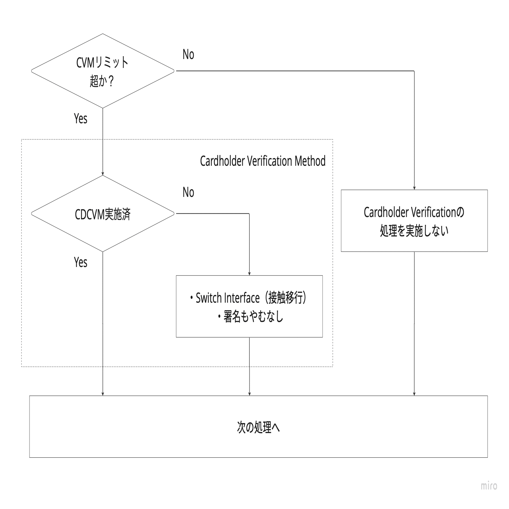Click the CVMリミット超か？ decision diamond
103,71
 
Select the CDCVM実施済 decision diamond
103,214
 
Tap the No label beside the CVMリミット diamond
188,55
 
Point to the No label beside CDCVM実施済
188,192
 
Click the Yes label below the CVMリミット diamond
80,119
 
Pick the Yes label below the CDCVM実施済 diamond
80,262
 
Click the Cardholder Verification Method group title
262,161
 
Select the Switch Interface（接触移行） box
249,306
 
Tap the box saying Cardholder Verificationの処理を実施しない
414,221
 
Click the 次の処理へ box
258,427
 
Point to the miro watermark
489,486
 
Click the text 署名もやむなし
253,317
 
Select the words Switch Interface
228,298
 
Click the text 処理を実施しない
414,231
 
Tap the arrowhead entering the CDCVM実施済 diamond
103,174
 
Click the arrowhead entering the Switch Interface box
249,273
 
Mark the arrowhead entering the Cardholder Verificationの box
414,188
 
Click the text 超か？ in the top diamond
102,81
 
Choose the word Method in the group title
310,161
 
